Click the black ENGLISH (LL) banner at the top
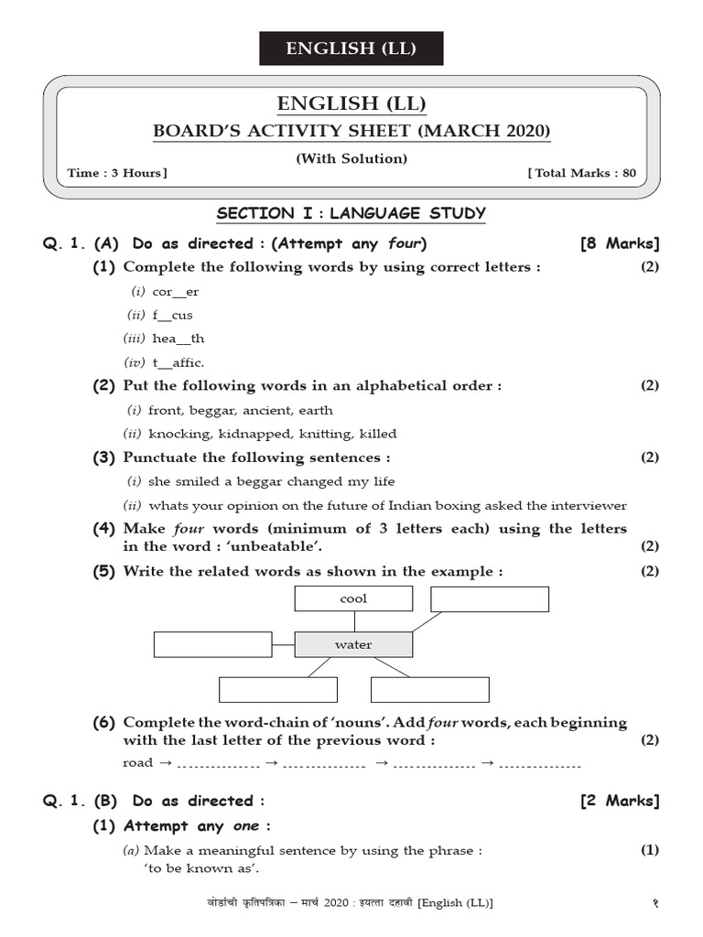pos(351,48)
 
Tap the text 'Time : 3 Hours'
pos(117,173)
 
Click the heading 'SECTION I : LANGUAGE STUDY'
pos(351,214)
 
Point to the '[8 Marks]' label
pos(620,243)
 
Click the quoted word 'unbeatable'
pos(281,546)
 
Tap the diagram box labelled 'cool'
pos(353,598)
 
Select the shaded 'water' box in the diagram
pos(353,644)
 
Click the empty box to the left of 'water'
pos(213,644)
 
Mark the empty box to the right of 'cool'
pos(490,598)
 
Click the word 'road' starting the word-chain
pos(138,762)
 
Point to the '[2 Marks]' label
pos(620,801)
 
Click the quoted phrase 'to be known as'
pos(201,868)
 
